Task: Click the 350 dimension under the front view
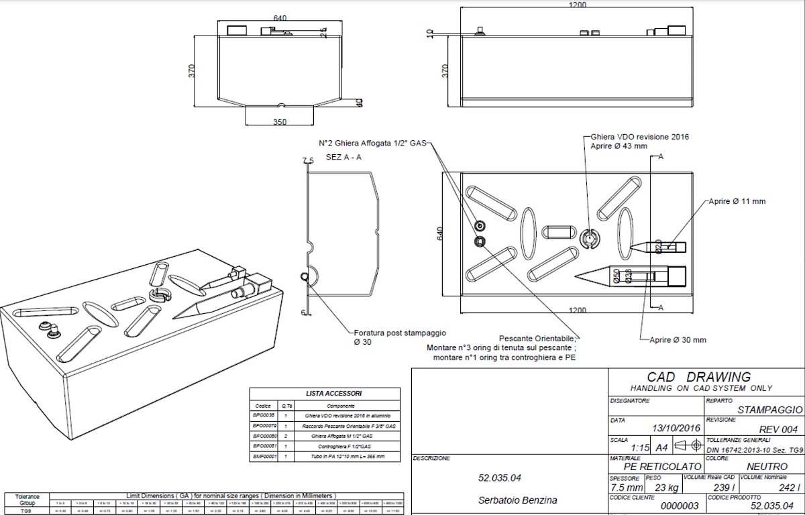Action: pyautogui.click(x=280, y=122)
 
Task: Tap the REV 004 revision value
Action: pyautogui.click(x=778, y=429)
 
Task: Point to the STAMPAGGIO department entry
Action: pyautogui.click(x=769, y=410)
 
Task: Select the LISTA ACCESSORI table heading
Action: pyautogui.click(x=325, y=394)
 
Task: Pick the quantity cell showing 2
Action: pyautogui.click(x=286, y=436)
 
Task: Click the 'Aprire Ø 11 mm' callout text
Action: pyautogui.click(x=737, y=201)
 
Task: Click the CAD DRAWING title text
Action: pyautogui.click(x=698, y=377)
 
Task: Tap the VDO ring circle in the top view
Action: pyautogui.click(x=588, y=239)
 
